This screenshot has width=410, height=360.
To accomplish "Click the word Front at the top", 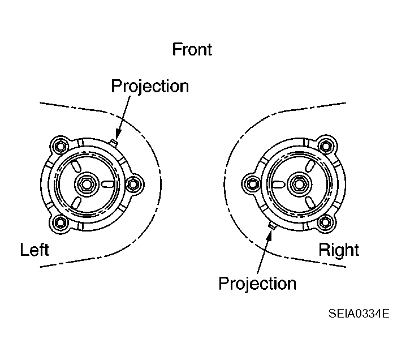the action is pos(192,49).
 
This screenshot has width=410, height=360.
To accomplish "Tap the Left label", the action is pos(34,250).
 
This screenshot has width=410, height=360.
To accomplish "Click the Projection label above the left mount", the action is pos(150,87).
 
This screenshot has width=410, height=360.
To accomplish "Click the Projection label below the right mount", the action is pos(257,284).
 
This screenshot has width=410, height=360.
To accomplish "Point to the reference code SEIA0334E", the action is pos(359,314).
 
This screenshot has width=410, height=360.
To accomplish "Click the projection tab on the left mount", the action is pos(114,142).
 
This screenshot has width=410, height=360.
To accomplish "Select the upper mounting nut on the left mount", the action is pos(61,146).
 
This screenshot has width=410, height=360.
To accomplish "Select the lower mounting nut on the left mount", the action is pos(61,223).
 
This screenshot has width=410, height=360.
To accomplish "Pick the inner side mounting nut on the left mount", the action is pos(133,185).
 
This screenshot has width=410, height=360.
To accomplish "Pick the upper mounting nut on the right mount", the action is pos(326,145).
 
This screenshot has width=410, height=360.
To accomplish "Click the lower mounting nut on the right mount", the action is pos(325,222).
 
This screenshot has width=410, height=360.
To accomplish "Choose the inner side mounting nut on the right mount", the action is pos(252,184).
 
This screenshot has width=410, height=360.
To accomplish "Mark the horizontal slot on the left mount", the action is pos(107,184).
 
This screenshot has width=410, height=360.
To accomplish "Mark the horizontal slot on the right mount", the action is pos(278,185).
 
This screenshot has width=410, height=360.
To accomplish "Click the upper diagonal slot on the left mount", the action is pos(75,166).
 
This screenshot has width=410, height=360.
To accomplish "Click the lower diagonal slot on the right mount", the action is pos(309,203).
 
